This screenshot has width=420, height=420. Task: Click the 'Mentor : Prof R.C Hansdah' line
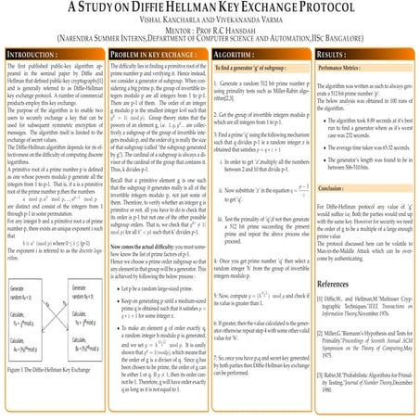click(210, 31)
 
